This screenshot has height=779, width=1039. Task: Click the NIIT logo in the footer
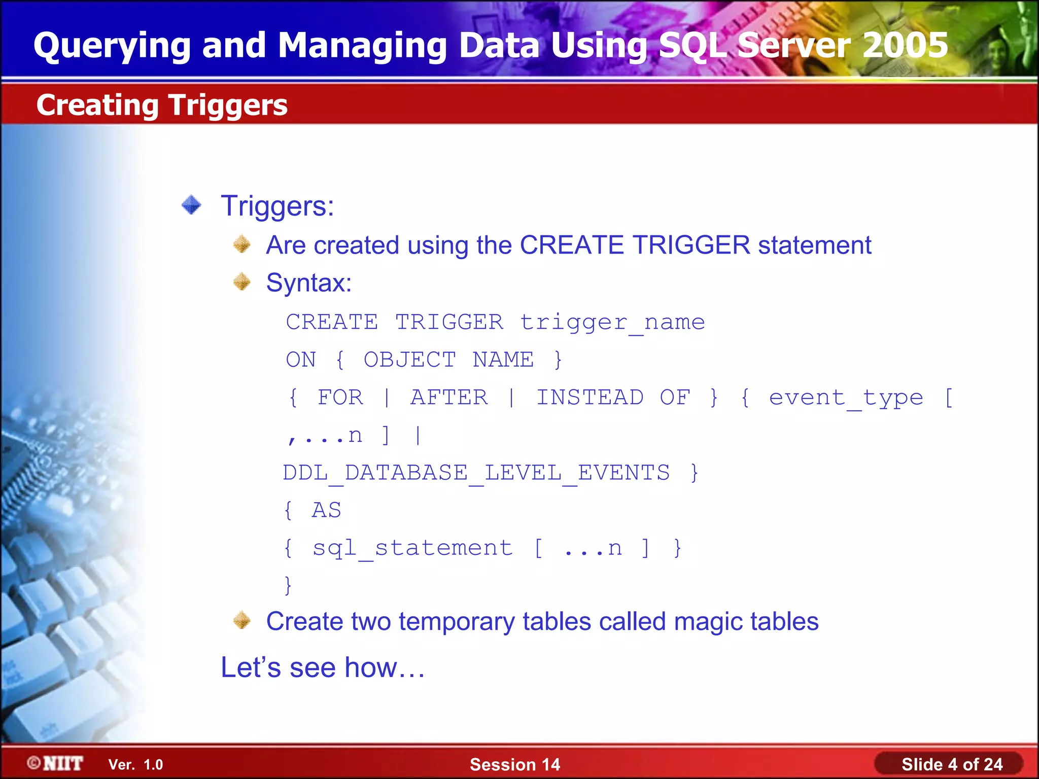[x=56, y=763]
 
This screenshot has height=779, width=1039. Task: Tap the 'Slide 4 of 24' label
[x=952, y=764]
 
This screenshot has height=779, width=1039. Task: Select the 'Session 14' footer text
[x=515, y=764]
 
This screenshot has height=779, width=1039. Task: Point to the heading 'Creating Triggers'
[x=162, y=105]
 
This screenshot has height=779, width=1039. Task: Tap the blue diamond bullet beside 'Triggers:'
[x=192, y=205]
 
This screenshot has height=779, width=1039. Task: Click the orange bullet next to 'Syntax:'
[x=242, y=282]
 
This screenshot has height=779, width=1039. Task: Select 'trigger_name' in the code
[x=612, y=323]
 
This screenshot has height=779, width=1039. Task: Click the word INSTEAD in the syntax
[x=590, y=398]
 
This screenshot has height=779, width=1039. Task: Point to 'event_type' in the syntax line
[x=846, y=398]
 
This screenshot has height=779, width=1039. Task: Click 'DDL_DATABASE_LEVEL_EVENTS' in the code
[x=476, y=473]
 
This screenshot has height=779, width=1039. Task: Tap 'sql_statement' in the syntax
[x=412, y=548]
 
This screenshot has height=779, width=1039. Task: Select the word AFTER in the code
[x=449, y=398]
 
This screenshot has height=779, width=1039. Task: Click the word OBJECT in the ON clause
[x=409, y=360]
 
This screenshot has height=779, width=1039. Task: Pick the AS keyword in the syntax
[x=326, y=510]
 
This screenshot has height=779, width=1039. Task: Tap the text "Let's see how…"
[x=323, y=667]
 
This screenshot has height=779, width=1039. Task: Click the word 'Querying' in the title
[x=112, y=45]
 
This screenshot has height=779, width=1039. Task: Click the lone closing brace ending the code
[x=288, y=585]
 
